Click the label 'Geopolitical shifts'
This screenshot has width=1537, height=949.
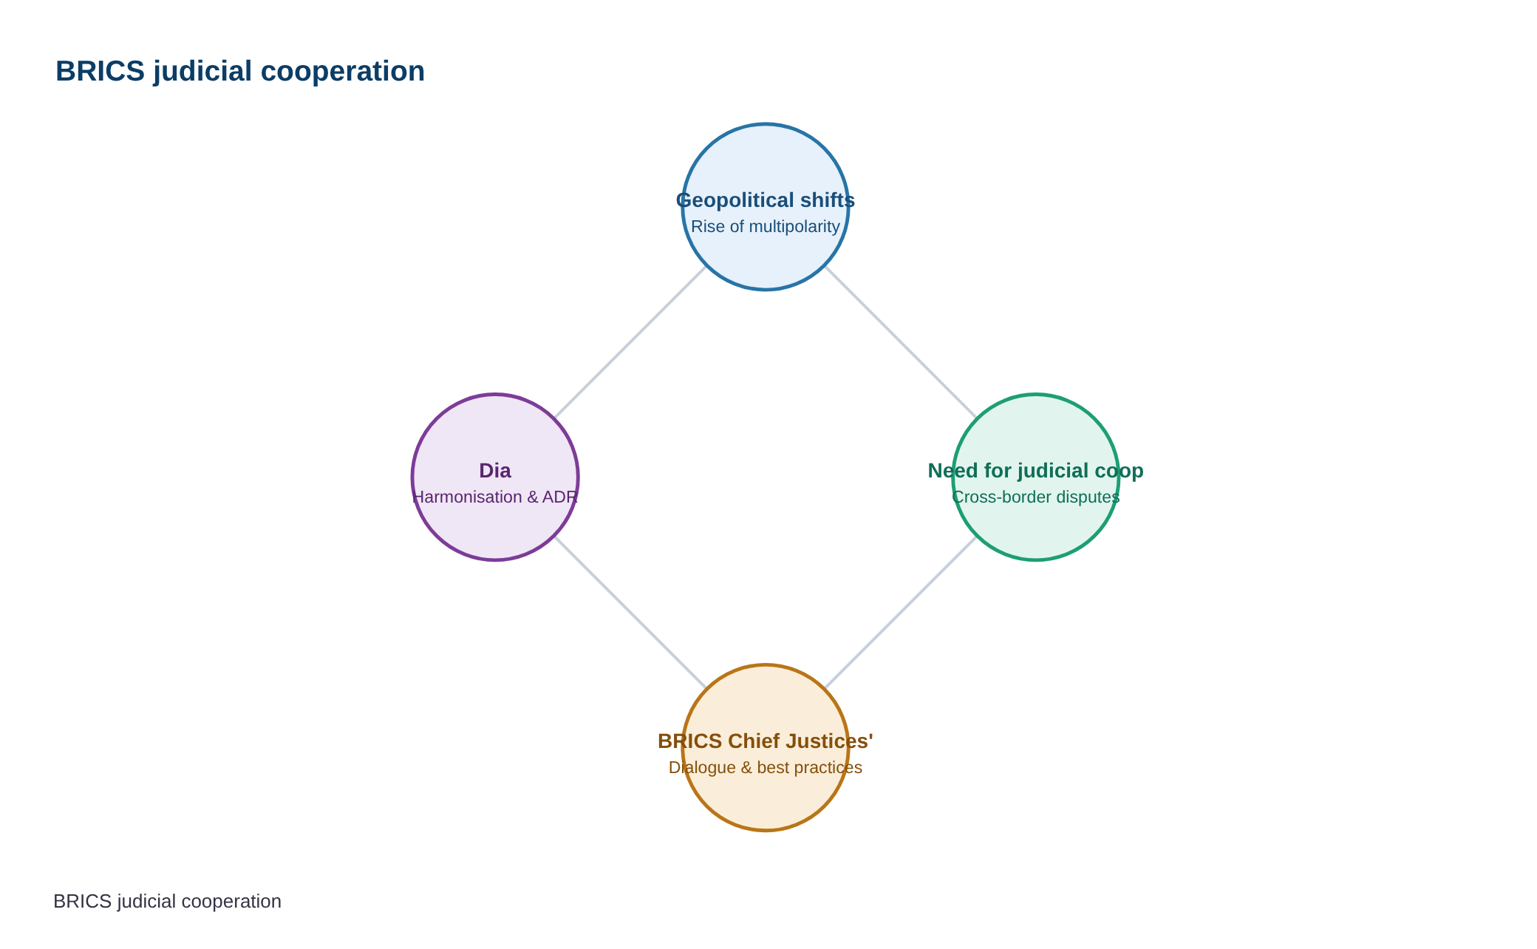(766, 200)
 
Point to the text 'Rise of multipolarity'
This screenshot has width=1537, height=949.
(766, 226)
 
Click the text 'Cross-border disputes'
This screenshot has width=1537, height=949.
(1036, 497)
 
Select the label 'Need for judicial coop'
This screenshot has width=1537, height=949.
(1036, 471)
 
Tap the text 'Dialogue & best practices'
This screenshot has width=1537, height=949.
(766, 767)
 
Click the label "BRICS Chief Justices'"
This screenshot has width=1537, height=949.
(766, 741)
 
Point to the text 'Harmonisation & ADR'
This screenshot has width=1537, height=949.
(495, 497)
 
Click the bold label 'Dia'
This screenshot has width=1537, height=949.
(495, 471)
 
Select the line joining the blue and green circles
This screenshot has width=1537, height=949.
(901, 342)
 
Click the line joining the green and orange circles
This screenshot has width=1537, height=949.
(901, 613)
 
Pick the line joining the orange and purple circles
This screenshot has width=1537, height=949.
(630, 613)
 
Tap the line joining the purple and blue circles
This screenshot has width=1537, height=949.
(630, 342)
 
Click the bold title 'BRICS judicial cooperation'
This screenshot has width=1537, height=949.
(240, 72)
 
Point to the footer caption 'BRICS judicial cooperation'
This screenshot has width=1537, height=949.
(168, 902)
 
